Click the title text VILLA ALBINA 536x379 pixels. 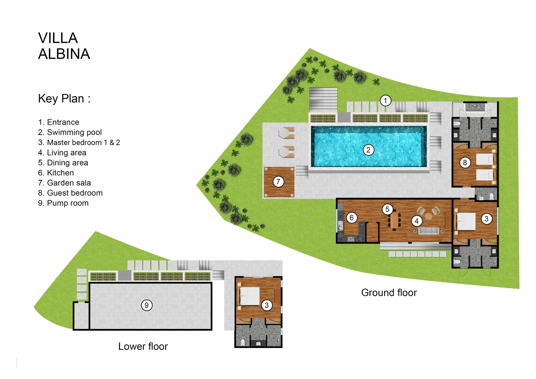(64, 46)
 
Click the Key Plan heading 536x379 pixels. (64, 99)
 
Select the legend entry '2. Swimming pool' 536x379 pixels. (70, 132)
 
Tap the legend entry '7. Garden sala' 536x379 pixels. (64, 183)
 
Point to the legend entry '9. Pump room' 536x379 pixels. (63, 203)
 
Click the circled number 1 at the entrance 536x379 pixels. (385, 101)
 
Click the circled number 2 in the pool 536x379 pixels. (368, 150)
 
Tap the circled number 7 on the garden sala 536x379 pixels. (278, 181)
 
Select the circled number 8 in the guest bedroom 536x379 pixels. (465, 163)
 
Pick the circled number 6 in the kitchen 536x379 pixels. (351, 218)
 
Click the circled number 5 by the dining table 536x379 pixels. (387, 209)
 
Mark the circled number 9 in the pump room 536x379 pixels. (147, 305)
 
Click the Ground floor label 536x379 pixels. (389, 293)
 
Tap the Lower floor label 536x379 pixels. (143, 346)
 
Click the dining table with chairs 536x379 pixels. (394, 221)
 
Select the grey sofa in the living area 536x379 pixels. (429, 231)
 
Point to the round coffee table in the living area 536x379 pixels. (428, 216)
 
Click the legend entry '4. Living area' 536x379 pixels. (62, 153)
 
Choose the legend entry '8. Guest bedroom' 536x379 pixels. (70, 193)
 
